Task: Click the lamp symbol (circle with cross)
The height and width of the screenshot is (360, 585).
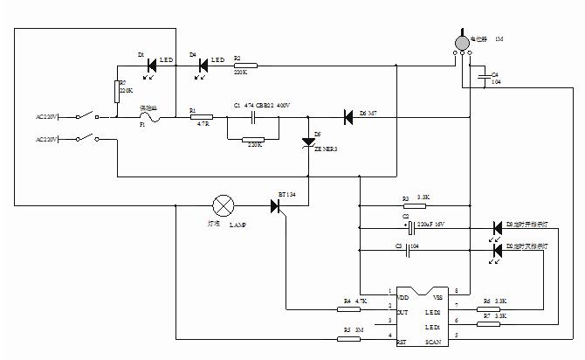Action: (x=224, y=207)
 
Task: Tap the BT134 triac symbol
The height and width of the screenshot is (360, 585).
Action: (x=277, y=207)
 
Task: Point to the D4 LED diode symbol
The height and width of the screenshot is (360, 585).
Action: (x=203, y=64)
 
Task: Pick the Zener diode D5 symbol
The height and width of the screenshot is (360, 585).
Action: (x=307, y=142)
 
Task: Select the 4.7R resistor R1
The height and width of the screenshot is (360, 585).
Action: (x=201, y=115)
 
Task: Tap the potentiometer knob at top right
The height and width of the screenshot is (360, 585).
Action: (x=463, y=41)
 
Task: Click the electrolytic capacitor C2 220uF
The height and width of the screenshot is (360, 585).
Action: (x=411, y=228)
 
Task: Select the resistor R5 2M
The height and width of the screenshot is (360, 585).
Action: (x=349, y=338)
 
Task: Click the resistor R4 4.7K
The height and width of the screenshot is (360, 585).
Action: (x=349, y=308)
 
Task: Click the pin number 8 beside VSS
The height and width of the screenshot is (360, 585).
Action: (x=455, y=290)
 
